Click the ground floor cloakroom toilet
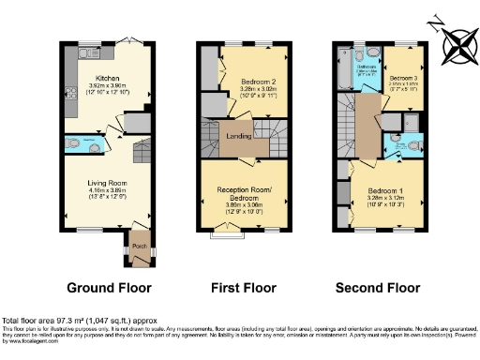tap(73, 143)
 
